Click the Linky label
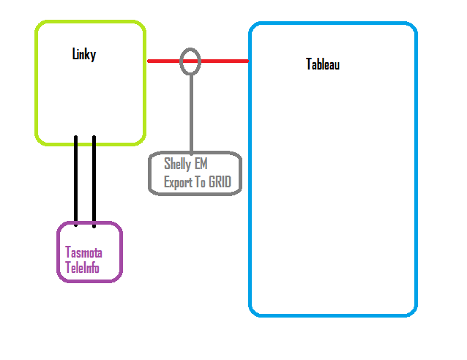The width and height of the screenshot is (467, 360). (x=83, y=54)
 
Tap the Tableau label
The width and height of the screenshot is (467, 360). (x=323, y=64)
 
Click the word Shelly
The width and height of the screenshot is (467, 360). (x=177, y=165)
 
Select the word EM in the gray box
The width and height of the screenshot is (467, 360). (x=201, y=165)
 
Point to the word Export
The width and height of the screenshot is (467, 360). (x=179, y=182)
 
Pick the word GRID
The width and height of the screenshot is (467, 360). (x=225, y=182)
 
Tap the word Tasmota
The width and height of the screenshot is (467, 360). (x=83, y=252)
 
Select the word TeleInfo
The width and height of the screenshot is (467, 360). (x=82, y=268)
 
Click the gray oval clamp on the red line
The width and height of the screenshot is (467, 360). (x=190, y=61)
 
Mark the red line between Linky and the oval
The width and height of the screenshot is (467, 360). (x=164, y=61)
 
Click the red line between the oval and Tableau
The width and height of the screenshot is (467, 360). (x=224, y=61)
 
